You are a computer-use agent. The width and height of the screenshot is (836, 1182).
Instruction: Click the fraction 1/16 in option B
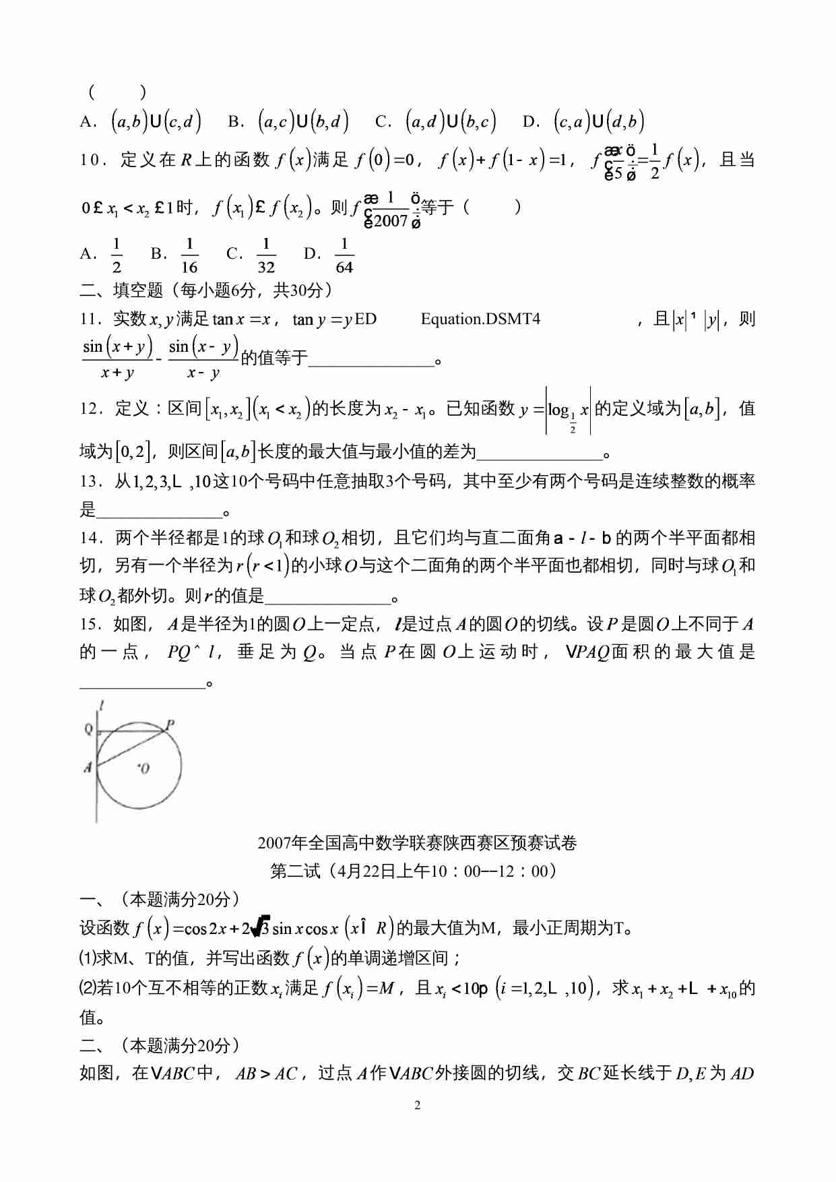(189, 255)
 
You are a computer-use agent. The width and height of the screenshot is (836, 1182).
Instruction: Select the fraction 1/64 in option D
(344, 255)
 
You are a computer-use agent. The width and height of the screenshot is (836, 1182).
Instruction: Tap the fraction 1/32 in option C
(266, 255)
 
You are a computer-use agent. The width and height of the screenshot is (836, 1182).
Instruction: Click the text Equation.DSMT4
(480, 319)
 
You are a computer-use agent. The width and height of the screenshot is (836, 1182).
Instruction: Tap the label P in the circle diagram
(170, 724)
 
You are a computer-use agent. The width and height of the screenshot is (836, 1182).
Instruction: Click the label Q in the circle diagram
(88, 729)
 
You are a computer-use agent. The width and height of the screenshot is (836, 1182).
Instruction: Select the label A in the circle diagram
(88, 767)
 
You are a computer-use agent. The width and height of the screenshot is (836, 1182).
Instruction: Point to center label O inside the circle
(144, 768)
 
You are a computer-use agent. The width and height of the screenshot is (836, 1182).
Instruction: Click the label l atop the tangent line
(101, 706)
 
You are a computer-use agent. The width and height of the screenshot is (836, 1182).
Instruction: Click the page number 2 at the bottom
(418, 1105)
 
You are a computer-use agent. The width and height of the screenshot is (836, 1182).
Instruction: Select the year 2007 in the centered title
(274, 843)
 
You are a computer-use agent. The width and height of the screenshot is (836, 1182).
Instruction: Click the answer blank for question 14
(327, 596)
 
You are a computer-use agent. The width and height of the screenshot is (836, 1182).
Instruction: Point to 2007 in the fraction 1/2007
(391, 220)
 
